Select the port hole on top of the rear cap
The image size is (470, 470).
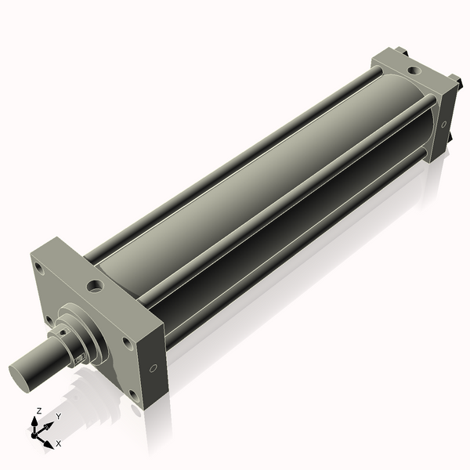(x=413, y=72)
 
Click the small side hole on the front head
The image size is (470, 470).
(x=153, y=367)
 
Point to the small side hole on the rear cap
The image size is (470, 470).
(x=444, y=123)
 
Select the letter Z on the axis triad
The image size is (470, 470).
(x=38, y=410)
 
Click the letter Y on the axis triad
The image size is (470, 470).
(x=58, y=417)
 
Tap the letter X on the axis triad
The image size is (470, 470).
(x=58, y=443)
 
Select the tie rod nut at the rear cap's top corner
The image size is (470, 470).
(x=401, y=52)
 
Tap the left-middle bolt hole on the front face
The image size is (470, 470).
(x=49, y=320)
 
